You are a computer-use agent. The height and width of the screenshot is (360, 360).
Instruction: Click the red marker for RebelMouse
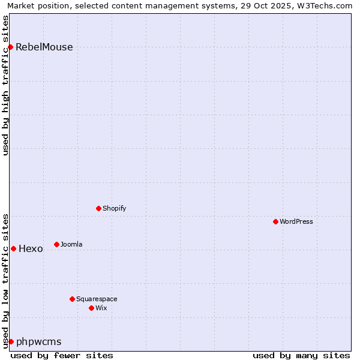coord(11,47)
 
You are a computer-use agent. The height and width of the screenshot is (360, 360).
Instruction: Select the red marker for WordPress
coord(275,221)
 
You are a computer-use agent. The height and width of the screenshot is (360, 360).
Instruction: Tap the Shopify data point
coord(98,208)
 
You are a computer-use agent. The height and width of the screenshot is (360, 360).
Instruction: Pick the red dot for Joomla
coord(56,244)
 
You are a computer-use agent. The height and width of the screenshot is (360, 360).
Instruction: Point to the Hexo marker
coord(13,248)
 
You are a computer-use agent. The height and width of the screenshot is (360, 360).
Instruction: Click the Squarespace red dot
coord(72,299)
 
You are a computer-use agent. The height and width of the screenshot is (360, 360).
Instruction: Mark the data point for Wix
coord(91,308)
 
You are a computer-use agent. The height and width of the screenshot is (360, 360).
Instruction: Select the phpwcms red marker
coord(11,341)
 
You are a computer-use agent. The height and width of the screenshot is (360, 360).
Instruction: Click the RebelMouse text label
coord(44,47)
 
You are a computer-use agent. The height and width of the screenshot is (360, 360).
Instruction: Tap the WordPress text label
coord(296,221)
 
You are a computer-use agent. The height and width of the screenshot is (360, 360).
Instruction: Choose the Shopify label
coord(114,208)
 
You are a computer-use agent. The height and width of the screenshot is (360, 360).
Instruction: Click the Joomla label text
coord(71,244)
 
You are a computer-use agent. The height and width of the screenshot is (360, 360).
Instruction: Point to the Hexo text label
coord(31,249)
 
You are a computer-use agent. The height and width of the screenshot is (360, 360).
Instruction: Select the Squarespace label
coord(97,299)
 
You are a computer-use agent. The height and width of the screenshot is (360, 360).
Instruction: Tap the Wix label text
coord(101,308)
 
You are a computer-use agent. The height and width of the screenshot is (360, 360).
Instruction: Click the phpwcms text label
coord(39,342)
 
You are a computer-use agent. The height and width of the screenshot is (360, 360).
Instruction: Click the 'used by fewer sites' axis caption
coord(62,355)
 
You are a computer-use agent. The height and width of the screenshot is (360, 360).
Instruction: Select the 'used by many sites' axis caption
coord(301,355)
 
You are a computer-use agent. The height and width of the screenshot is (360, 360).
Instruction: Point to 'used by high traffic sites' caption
coord(5,85)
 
